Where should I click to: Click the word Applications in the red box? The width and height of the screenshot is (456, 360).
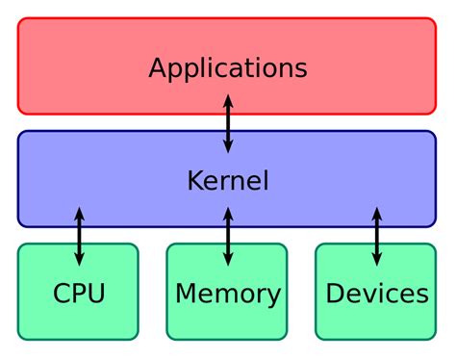pyautogui.click(x=228, y=68)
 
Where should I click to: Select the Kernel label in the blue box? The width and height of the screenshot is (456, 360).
pyautogui.click(x=228, y=180)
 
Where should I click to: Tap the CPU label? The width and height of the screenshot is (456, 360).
pyautogui.click(x=79, y=293)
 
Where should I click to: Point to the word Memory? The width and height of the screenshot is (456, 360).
pyautogui.click(x=228, y=293)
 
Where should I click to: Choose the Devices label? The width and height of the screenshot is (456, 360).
pyautogui.click(x=377, y=293)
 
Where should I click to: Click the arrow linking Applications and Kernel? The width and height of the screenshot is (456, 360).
pyautogui.click(x=228, y=123)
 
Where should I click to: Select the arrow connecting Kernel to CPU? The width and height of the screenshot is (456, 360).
pyautogui.click(x=79, y=236)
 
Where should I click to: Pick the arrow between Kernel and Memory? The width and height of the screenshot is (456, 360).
pyautogui.click(x=228, y=236)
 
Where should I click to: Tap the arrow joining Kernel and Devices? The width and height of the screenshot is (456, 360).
pyautogui.click(x=377, y=236)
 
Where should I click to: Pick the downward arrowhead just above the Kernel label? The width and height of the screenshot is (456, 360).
pyautogui.click(x=228, y=146)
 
